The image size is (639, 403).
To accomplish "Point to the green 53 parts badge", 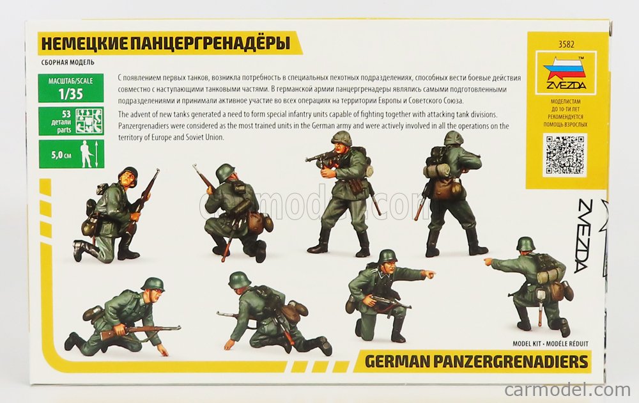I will pos(70,121).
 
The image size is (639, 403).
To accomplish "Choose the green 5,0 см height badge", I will pos(70,154).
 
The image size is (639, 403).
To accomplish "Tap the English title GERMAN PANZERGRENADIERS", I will pos(476,361).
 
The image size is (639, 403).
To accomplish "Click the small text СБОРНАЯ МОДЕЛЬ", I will pos(68,63).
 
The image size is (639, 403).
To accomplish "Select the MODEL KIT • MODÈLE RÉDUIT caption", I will pos(550,344).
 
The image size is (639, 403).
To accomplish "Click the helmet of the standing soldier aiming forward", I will pos(341,138).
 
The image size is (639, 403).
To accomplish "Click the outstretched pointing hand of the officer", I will pos(430,274).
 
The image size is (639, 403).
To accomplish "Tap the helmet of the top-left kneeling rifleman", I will pos(128,173).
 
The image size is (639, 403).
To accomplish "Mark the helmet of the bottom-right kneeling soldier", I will pos(525,244).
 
